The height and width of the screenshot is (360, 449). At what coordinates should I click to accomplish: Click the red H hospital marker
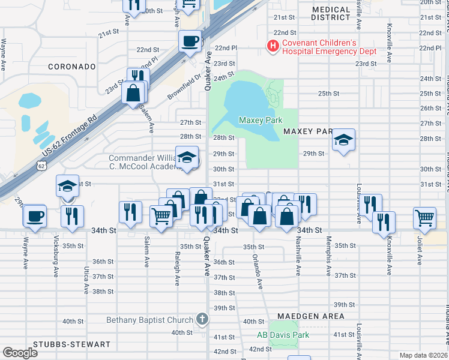(273, 46)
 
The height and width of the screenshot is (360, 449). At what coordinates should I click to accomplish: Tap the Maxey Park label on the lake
(261, 120)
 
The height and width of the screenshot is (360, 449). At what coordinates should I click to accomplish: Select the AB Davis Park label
(283, 335)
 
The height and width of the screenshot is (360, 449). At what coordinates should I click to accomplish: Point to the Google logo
(20, 352)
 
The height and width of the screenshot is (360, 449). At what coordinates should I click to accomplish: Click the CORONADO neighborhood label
(71, 66)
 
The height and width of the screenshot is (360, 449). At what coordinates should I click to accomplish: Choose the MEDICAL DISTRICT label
(331, 14)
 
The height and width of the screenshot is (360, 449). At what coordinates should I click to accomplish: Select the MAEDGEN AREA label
(311, 316)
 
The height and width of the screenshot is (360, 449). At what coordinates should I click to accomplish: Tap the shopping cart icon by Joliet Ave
(424, 217)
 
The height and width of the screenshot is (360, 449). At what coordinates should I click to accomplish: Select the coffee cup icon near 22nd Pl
(190, 41)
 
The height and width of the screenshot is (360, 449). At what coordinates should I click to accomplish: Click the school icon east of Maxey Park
(343, 140)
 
